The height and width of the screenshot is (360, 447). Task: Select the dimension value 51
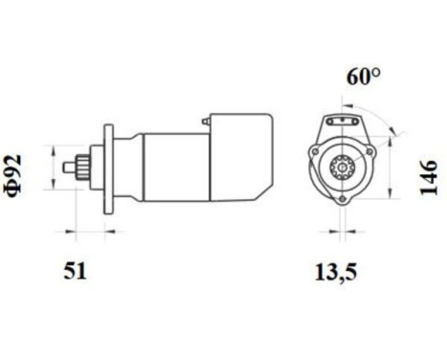[75, 271]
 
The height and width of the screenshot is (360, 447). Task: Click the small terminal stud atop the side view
[205, 122]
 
